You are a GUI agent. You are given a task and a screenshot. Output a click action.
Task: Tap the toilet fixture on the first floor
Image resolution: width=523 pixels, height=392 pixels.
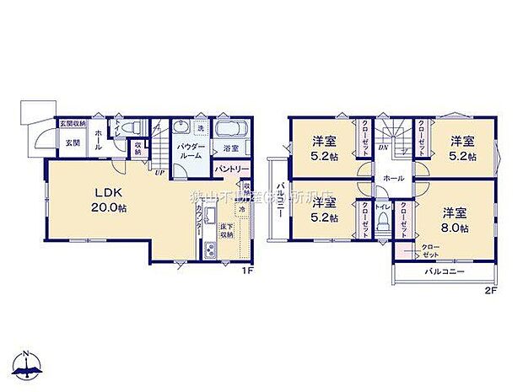pos(131,127)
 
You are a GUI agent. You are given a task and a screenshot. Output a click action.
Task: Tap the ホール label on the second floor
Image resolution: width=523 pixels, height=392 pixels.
pos(392,179)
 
